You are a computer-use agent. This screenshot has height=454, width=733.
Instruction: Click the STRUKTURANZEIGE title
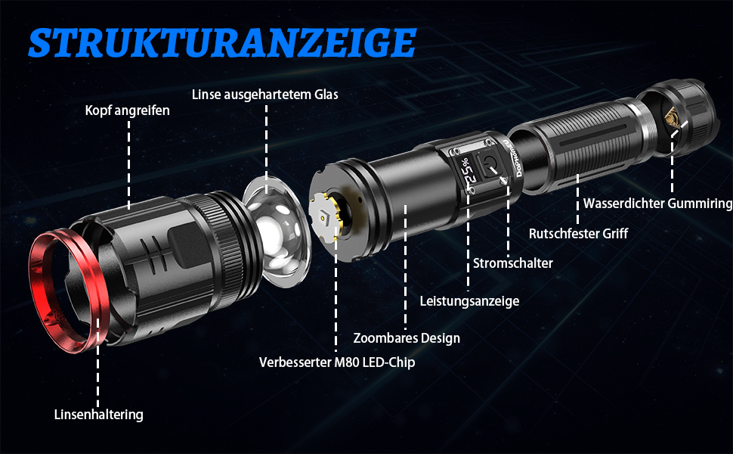tap(222, 42)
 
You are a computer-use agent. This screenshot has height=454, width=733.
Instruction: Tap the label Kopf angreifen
tap(127, 110)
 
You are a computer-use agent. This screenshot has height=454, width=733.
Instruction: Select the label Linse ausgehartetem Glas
tap(265, 95)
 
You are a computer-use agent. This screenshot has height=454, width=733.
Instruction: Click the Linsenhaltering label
tap(99, 415)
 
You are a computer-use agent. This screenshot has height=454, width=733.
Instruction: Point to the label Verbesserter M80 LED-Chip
tap(337, 362)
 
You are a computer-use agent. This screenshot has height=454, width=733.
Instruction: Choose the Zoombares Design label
tap(407, 338)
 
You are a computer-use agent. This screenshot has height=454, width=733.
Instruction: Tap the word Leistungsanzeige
tap(469, 301)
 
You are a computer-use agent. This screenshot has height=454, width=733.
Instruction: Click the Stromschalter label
tap(513, 263)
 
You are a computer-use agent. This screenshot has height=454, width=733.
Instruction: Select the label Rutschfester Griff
tap(578, 233)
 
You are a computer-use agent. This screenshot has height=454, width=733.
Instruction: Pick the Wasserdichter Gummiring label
tap(657, 204)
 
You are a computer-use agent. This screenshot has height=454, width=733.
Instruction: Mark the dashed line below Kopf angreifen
tap(129, 164)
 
